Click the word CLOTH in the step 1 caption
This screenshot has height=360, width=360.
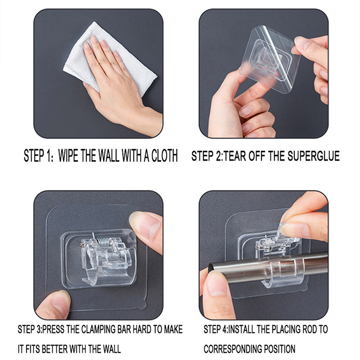pyautogui.click(x=164, y=156)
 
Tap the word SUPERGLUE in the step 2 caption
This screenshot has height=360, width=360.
pyautogui.click(x=313, y=156)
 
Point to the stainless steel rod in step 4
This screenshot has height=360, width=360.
pyautogui.click(x=268, y=268)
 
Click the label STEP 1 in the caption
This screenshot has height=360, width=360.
pyautogui.click(x=39, y=156)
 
